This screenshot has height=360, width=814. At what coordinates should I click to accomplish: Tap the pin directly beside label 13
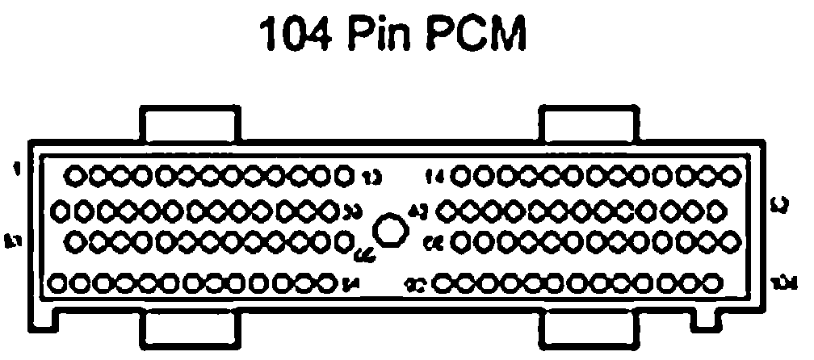click(342, 174)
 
